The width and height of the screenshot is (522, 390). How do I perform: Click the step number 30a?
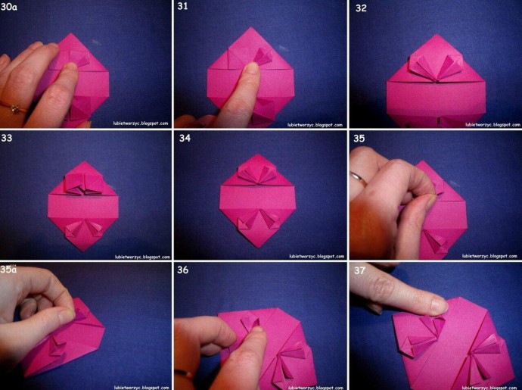tap(9, 7)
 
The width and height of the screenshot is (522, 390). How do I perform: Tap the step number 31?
tap(182, 6)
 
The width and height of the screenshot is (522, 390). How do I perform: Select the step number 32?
tap(361, 8)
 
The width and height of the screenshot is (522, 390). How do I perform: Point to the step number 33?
tap(7, 138)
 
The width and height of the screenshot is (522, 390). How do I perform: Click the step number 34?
tap(185, 138)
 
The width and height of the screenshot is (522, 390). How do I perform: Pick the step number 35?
tap(359, 138)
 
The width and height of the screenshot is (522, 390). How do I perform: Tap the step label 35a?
tap(8, 270)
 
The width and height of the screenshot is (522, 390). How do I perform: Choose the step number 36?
tap(183, 270)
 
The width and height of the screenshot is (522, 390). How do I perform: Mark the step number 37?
tap(359, 270)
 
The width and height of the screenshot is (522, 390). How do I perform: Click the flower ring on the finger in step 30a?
tap(14, 108)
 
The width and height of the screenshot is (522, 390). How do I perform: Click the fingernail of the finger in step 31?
tap(252, 67)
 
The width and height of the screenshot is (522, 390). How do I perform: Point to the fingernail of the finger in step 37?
tap(439, 305)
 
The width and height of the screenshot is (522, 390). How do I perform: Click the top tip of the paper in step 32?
tap(436, 34)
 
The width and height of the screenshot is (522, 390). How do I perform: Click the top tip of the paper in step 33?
tap(83, 161)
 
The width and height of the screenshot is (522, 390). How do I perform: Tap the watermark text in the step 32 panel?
tap(492, 125)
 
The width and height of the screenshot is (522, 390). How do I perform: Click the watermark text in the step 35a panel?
tap(142, 388)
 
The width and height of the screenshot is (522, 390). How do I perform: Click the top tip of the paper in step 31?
tap(250, 28)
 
